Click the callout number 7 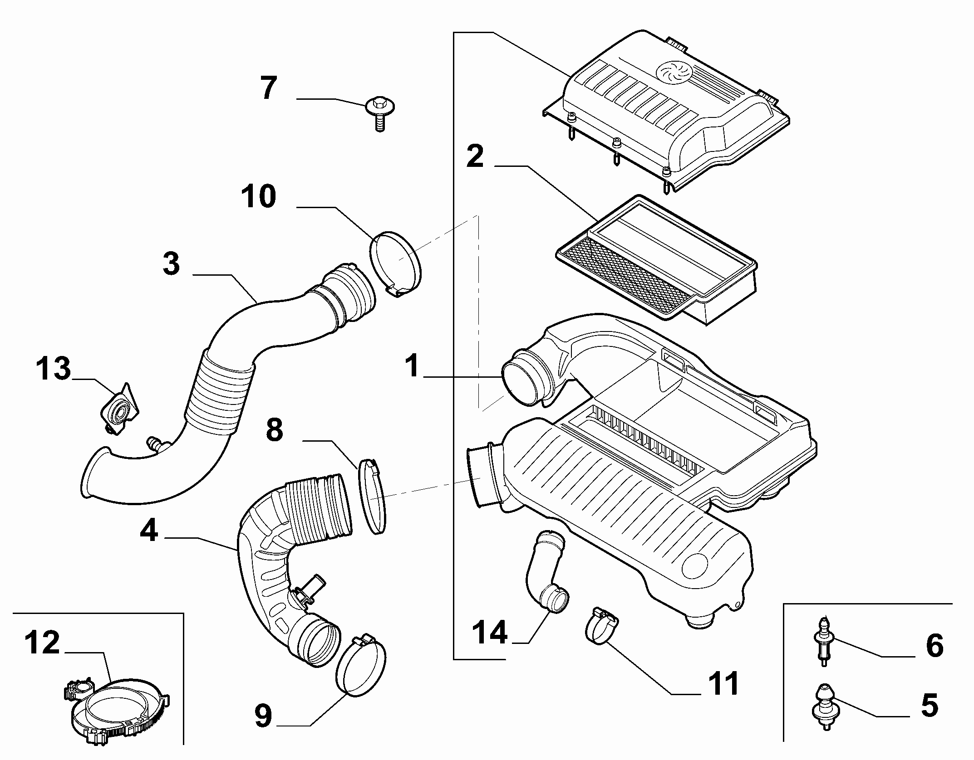coord(269,88)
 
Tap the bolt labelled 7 coord(380,112)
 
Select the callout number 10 coord(258,196)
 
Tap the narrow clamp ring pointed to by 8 coord(372,496)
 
